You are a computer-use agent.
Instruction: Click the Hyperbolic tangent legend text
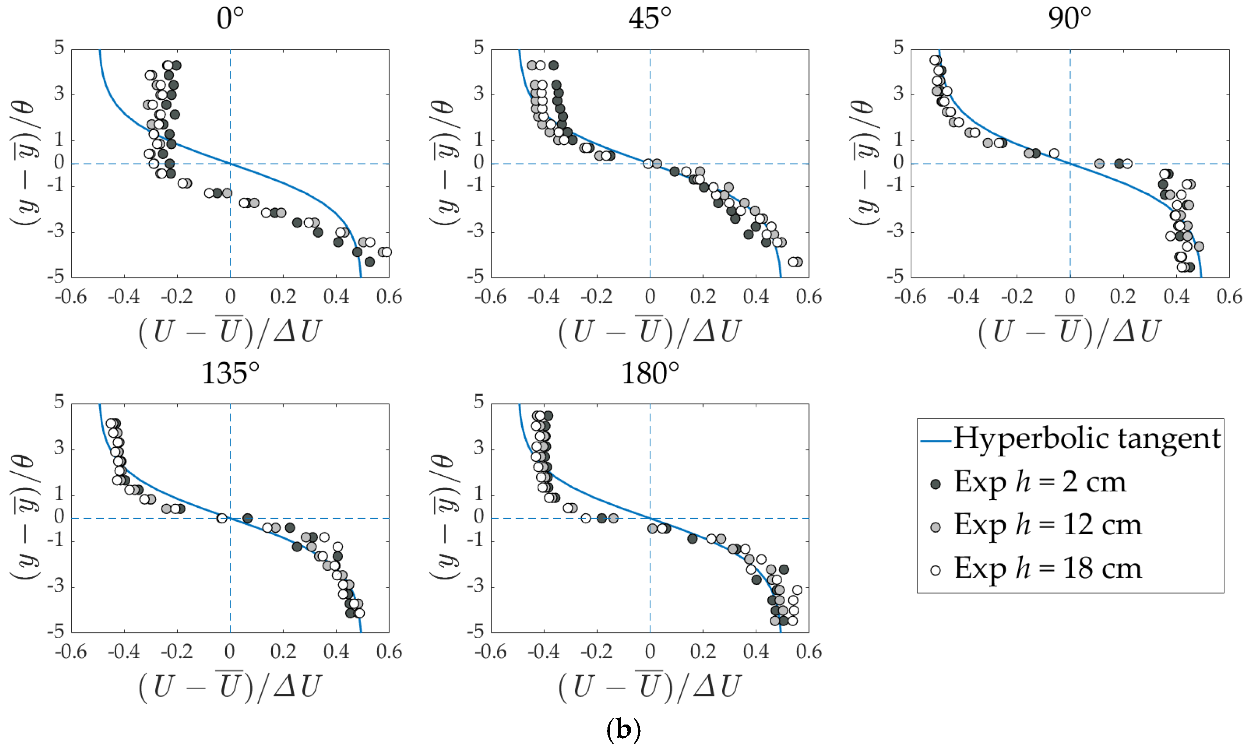(x=1087, y=439)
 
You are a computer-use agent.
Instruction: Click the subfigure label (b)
(x=623, y=730)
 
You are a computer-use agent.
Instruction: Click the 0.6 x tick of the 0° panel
(x=389, y=297)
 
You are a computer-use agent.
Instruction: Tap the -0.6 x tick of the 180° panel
(x=490, y=652)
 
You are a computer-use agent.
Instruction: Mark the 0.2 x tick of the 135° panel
(x=283, y=652)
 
